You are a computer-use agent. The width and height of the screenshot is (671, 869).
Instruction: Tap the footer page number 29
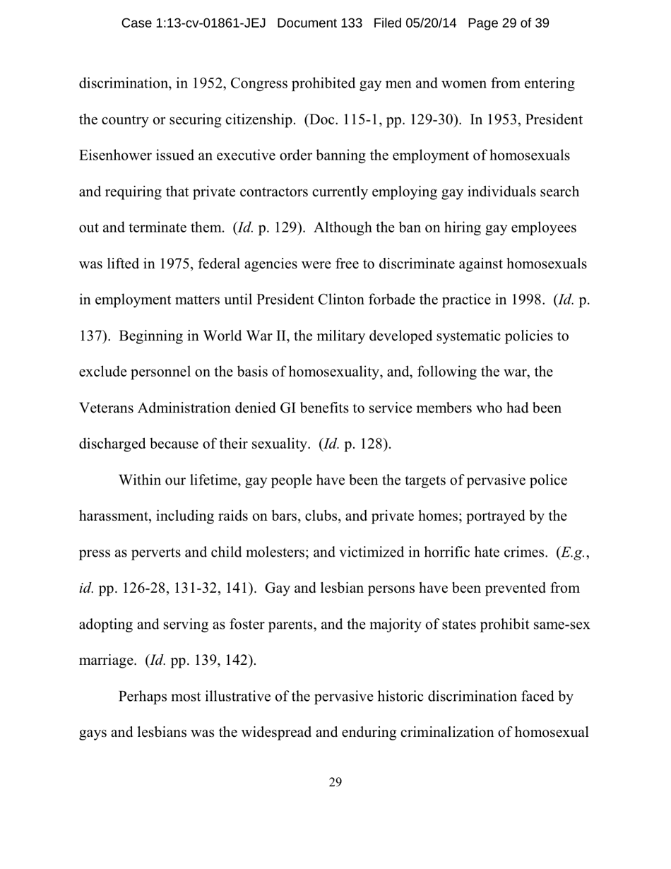[335, 782]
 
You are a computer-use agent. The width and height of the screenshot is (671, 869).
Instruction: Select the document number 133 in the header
[351, 23]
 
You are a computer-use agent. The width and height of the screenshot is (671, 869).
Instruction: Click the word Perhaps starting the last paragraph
[143, 697]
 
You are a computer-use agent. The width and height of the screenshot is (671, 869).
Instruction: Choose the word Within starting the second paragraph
[141, 480]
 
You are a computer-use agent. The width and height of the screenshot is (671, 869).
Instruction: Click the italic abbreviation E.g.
[573, 552]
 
